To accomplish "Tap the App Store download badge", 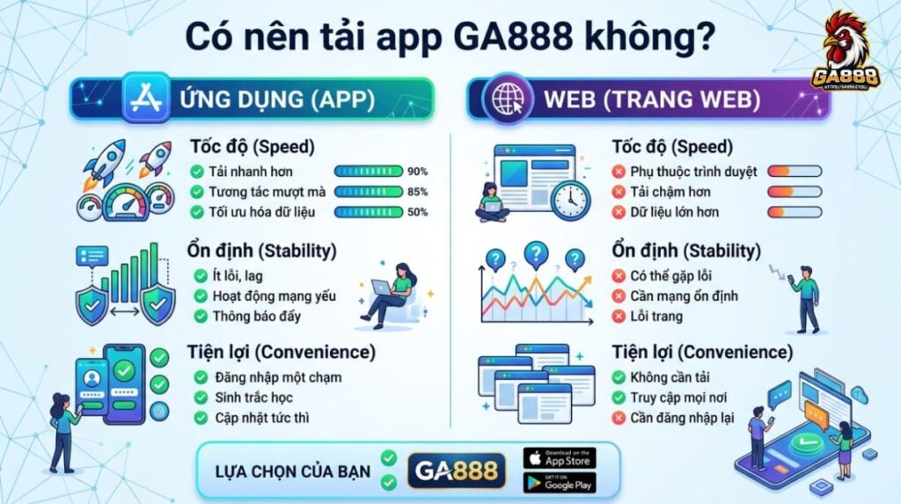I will click(559, 458).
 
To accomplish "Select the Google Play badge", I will click(559, 483).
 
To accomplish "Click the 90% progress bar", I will click(369, 172).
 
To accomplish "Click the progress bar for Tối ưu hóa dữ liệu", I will click(369, 212).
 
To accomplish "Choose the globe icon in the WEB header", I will click(508, 99).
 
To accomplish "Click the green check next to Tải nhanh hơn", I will click(197, 172).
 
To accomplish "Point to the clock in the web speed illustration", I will click(570, 200).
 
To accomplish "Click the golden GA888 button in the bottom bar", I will click(457, 471).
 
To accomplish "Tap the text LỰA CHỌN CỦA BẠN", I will click(293, 471).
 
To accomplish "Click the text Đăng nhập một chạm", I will click(276, 377).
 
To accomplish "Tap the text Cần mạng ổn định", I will click(684, 296).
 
